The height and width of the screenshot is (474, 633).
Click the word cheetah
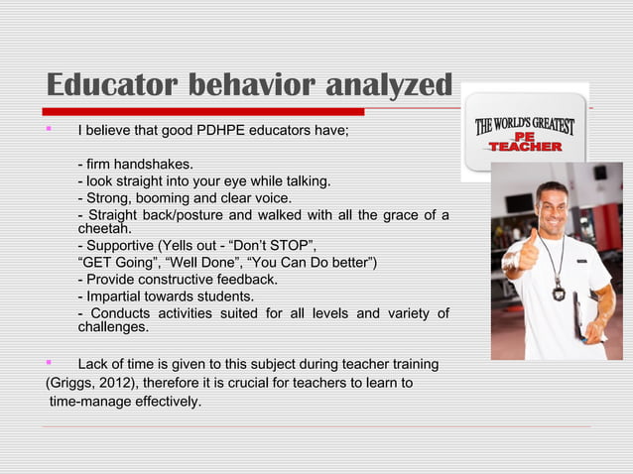tap(104, 229)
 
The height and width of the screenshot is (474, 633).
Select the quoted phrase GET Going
tap(115, 263)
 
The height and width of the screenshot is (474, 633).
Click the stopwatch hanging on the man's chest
tap(559, 293)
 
